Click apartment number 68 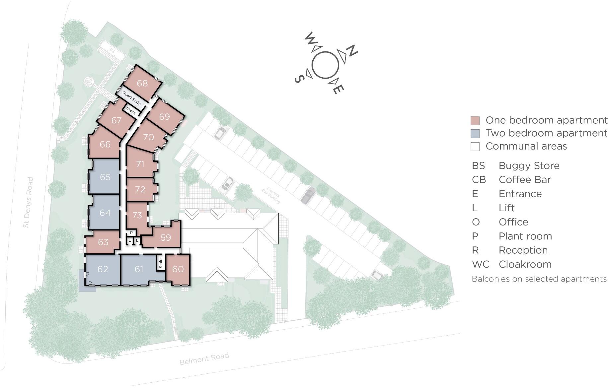coord(142,83)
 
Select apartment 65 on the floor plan coord(105,177)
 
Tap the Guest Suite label coord(131,98)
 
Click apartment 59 coord(166,237)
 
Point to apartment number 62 coord(103,269)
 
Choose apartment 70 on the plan coord(148,137)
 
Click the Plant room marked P coord(131,233)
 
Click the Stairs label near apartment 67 coord(131,111)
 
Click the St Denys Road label coord(29,202)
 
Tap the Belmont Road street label coord(204,359)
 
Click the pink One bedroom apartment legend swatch coord(475,120)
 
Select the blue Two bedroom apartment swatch coord(475,133)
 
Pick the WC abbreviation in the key coord(480,264)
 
